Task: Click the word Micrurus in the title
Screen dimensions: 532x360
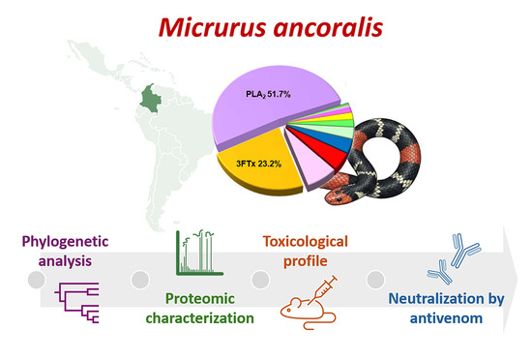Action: pyautogui.click(x=213, y=27)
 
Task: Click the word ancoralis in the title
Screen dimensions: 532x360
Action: pyautogui.click(x=329, y=27)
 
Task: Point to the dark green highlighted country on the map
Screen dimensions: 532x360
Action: pyautogui.click(x=151, y=98)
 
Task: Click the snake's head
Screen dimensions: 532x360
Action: pyautogui.click(x=336, y=196)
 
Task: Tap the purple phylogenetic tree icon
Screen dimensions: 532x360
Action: pyautogui.click(x=77, y=303)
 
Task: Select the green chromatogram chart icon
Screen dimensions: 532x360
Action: pyautogui.click(x=199, y=253)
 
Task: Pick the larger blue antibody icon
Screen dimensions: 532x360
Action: pyautogui.click(x=464, y=250)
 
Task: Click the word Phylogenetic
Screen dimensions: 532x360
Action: pyautogui.click(x=65, y=242)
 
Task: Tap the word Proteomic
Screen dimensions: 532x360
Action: pyautogui.click(x=200, y=299)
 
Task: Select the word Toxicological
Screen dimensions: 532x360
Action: pyautogui.click(x=306, y=242)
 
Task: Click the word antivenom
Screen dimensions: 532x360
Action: pyautogui.click(x=446, y=318)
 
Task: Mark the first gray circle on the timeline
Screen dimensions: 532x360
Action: pyautogui.click(x=37, y=280)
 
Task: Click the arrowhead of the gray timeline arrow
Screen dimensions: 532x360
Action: pyautogui.click(x=510, y=280)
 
